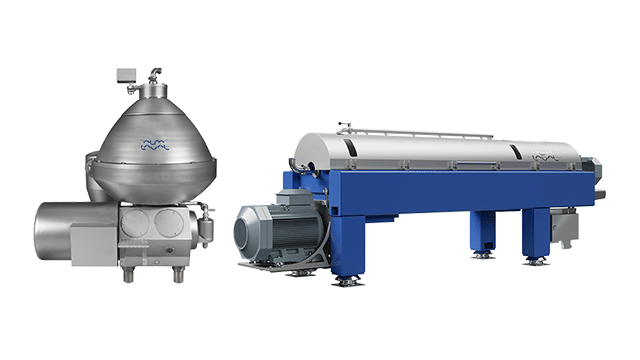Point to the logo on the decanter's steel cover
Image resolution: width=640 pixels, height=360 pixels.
546,156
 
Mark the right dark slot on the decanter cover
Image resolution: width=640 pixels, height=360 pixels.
512,152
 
